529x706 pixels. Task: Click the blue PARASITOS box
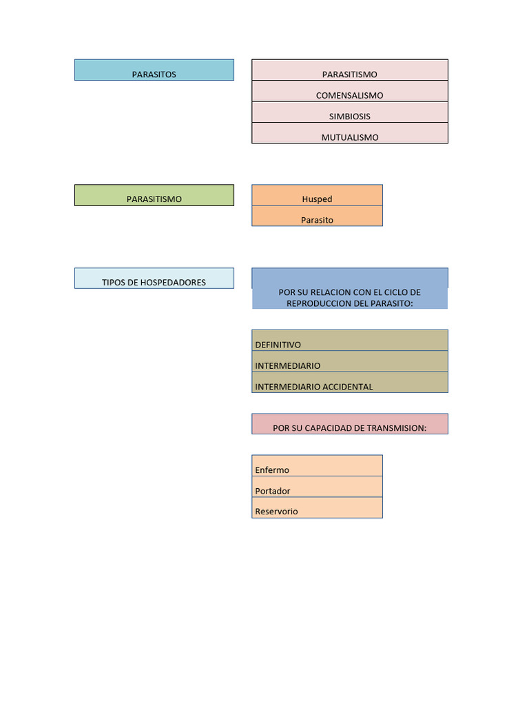pos(154,70)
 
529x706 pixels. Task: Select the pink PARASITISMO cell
pos(350,70)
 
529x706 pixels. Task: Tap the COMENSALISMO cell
pos(350,91)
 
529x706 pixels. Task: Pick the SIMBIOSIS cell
pos(350,112)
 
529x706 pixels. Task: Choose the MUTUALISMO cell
pos(350,133)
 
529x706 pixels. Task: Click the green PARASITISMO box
pos(154,195)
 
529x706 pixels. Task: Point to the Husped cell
pos(317,195)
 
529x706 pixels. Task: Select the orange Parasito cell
pos(317,216)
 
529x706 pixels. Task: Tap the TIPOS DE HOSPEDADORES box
pos(154,279)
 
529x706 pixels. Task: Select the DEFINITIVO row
pos(350,341)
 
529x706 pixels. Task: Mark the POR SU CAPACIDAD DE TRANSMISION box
pos(350,424)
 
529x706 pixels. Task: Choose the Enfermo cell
pos(317,465)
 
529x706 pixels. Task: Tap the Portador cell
pos(317,487)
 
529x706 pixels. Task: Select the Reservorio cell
pos(317,508)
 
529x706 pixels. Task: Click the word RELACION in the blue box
pos(331,292)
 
